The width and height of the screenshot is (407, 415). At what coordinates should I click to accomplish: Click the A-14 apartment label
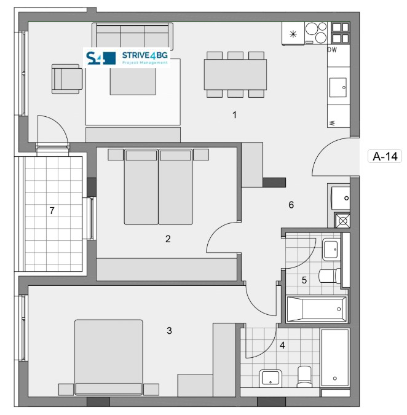tap(385, 156)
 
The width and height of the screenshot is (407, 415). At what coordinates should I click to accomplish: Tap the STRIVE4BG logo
tap(127, 58)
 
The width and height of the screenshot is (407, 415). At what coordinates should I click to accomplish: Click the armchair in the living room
tap(67, 79)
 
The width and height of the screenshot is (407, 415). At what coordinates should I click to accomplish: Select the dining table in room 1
tap(235, 74)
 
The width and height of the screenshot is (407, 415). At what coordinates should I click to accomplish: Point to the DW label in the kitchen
tap(332, 50)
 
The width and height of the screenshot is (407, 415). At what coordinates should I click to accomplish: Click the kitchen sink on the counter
tap(338, 87)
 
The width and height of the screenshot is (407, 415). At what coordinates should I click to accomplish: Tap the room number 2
tap(168, 239)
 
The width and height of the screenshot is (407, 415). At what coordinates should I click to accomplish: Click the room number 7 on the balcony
tap(52, 211)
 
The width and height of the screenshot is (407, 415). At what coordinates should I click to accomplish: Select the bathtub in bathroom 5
tap(317, 309)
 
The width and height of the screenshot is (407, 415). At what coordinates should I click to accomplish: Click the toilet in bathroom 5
tap(330, 276)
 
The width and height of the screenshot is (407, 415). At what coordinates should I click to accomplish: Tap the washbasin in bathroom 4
tap(270, 378)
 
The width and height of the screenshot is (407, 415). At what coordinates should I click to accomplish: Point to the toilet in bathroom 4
tap(304, 376)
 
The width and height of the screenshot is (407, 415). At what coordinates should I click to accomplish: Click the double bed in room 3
tap(108, 357)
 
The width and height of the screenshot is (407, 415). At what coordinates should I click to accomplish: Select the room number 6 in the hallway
tap(291, 205)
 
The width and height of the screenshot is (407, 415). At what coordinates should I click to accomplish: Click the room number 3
tap(169, 331)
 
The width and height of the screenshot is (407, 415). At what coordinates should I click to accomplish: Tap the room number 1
tap(234, 115)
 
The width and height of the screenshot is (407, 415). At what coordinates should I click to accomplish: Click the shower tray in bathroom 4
tap(335, 358)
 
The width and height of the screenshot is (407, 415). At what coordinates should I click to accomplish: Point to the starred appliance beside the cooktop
tap(293, 34)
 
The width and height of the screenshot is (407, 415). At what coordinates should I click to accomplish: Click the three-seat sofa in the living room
tap(133, 36)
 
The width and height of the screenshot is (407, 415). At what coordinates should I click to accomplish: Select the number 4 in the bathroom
tap(282, 345)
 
